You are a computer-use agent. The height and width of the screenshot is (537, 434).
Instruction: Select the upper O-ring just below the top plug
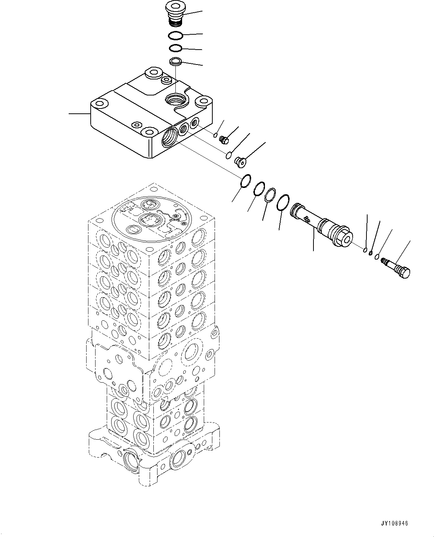[x=175, y=36]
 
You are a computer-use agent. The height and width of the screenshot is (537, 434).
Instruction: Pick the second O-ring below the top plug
[x=175, y=48]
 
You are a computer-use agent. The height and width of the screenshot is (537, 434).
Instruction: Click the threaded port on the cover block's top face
[x=175, y=100]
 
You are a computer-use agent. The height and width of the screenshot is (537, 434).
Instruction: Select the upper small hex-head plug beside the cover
[x=224, y=139]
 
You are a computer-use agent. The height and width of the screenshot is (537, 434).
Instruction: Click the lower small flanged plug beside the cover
[x=239, y=161]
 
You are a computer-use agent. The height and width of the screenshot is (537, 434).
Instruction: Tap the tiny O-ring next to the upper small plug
[x=215, y=135]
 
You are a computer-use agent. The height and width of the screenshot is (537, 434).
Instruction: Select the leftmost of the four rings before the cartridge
[x=245, y=181]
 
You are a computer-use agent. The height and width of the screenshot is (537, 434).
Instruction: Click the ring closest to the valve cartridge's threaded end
[x=284, y=202]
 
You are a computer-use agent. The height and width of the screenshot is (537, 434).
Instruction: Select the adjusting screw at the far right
[x=397, y=270]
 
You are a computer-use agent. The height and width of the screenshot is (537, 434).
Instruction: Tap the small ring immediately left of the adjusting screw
[x=378, y=257]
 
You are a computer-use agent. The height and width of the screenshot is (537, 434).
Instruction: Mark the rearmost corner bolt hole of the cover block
[x=153, y=73]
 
